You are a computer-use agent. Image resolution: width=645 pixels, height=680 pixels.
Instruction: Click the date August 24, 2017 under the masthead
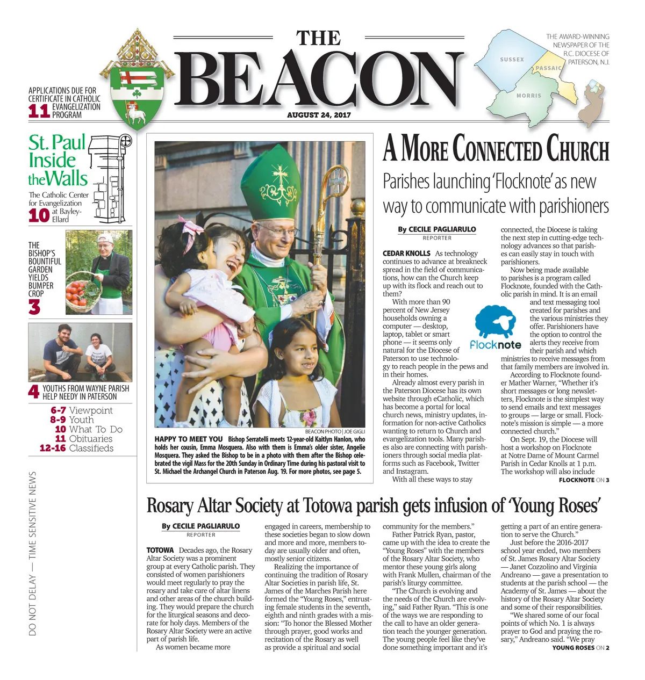tap(319, 115)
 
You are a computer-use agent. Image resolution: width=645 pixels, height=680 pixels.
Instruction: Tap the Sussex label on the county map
tap(512, 60)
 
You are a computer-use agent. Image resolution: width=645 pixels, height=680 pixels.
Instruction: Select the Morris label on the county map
tap(529, 96)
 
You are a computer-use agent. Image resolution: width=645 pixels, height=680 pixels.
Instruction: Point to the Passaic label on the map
tap(548, 68)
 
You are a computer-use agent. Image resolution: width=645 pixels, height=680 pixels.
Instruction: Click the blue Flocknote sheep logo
tap(495, 322)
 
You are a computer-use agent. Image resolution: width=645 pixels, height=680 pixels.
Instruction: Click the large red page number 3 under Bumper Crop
tap(34, 307)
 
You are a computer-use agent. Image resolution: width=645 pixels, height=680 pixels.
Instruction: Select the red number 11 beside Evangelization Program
tap(39, 111)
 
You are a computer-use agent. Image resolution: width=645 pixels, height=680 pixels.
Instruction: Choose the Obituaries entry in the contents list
tap(91, 439)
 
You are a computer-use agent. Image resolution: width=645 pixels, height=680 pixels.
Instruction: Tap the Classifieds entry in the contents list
tap(91, 448)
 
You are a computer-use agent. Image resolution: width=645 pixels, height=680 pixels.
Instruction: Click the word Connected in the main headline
tap(497, 149)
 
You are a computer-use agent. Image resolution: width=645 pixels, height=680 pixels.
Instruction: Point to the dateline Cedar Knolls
tap(406, 254)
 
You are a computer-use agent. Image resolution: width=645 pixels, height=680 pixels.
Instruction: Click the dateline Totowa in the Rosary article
tap(160, 551)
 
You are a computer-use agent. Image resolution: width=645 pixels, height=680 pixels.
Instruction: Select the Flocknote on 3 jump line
tap(584, 480)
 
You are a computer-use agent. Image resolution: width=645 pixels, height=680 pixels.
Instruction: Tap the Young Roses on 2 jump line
tap(580, 648)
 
